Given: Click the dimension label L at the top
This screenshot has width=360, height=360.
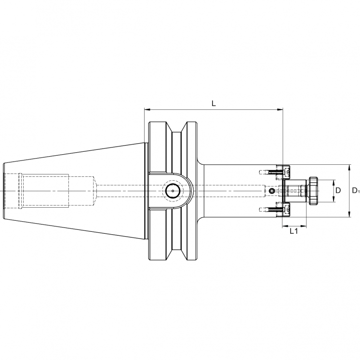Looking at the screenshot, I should coord(213,103).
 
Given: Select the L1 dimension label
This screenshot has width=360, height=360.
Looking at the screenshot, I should coord(293,232).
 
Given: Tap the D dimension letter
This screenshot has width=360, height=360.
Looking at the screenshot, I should coord(338,191).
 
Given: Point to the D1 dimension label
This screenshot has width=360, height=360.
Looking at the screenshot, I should coord(356,191).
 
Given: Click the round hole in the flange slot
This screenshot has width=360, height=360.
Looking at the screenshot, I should coord(172,191).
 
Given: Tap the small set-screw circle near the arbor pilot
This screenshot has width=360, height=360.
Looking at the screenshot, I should coord(272,191).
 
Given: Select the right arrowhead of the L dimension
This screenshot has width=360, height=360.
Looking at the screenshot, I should coord(280,110).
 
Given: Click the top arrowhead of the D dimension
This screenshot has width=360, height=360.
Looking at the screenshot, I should coord(333,182).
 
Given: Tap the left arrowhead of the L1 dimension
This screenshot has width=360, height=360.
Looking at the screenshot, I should coord(283,225).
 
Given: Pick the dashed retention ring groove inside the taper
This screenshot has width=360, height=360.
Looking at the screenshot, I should coord(20,191).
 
